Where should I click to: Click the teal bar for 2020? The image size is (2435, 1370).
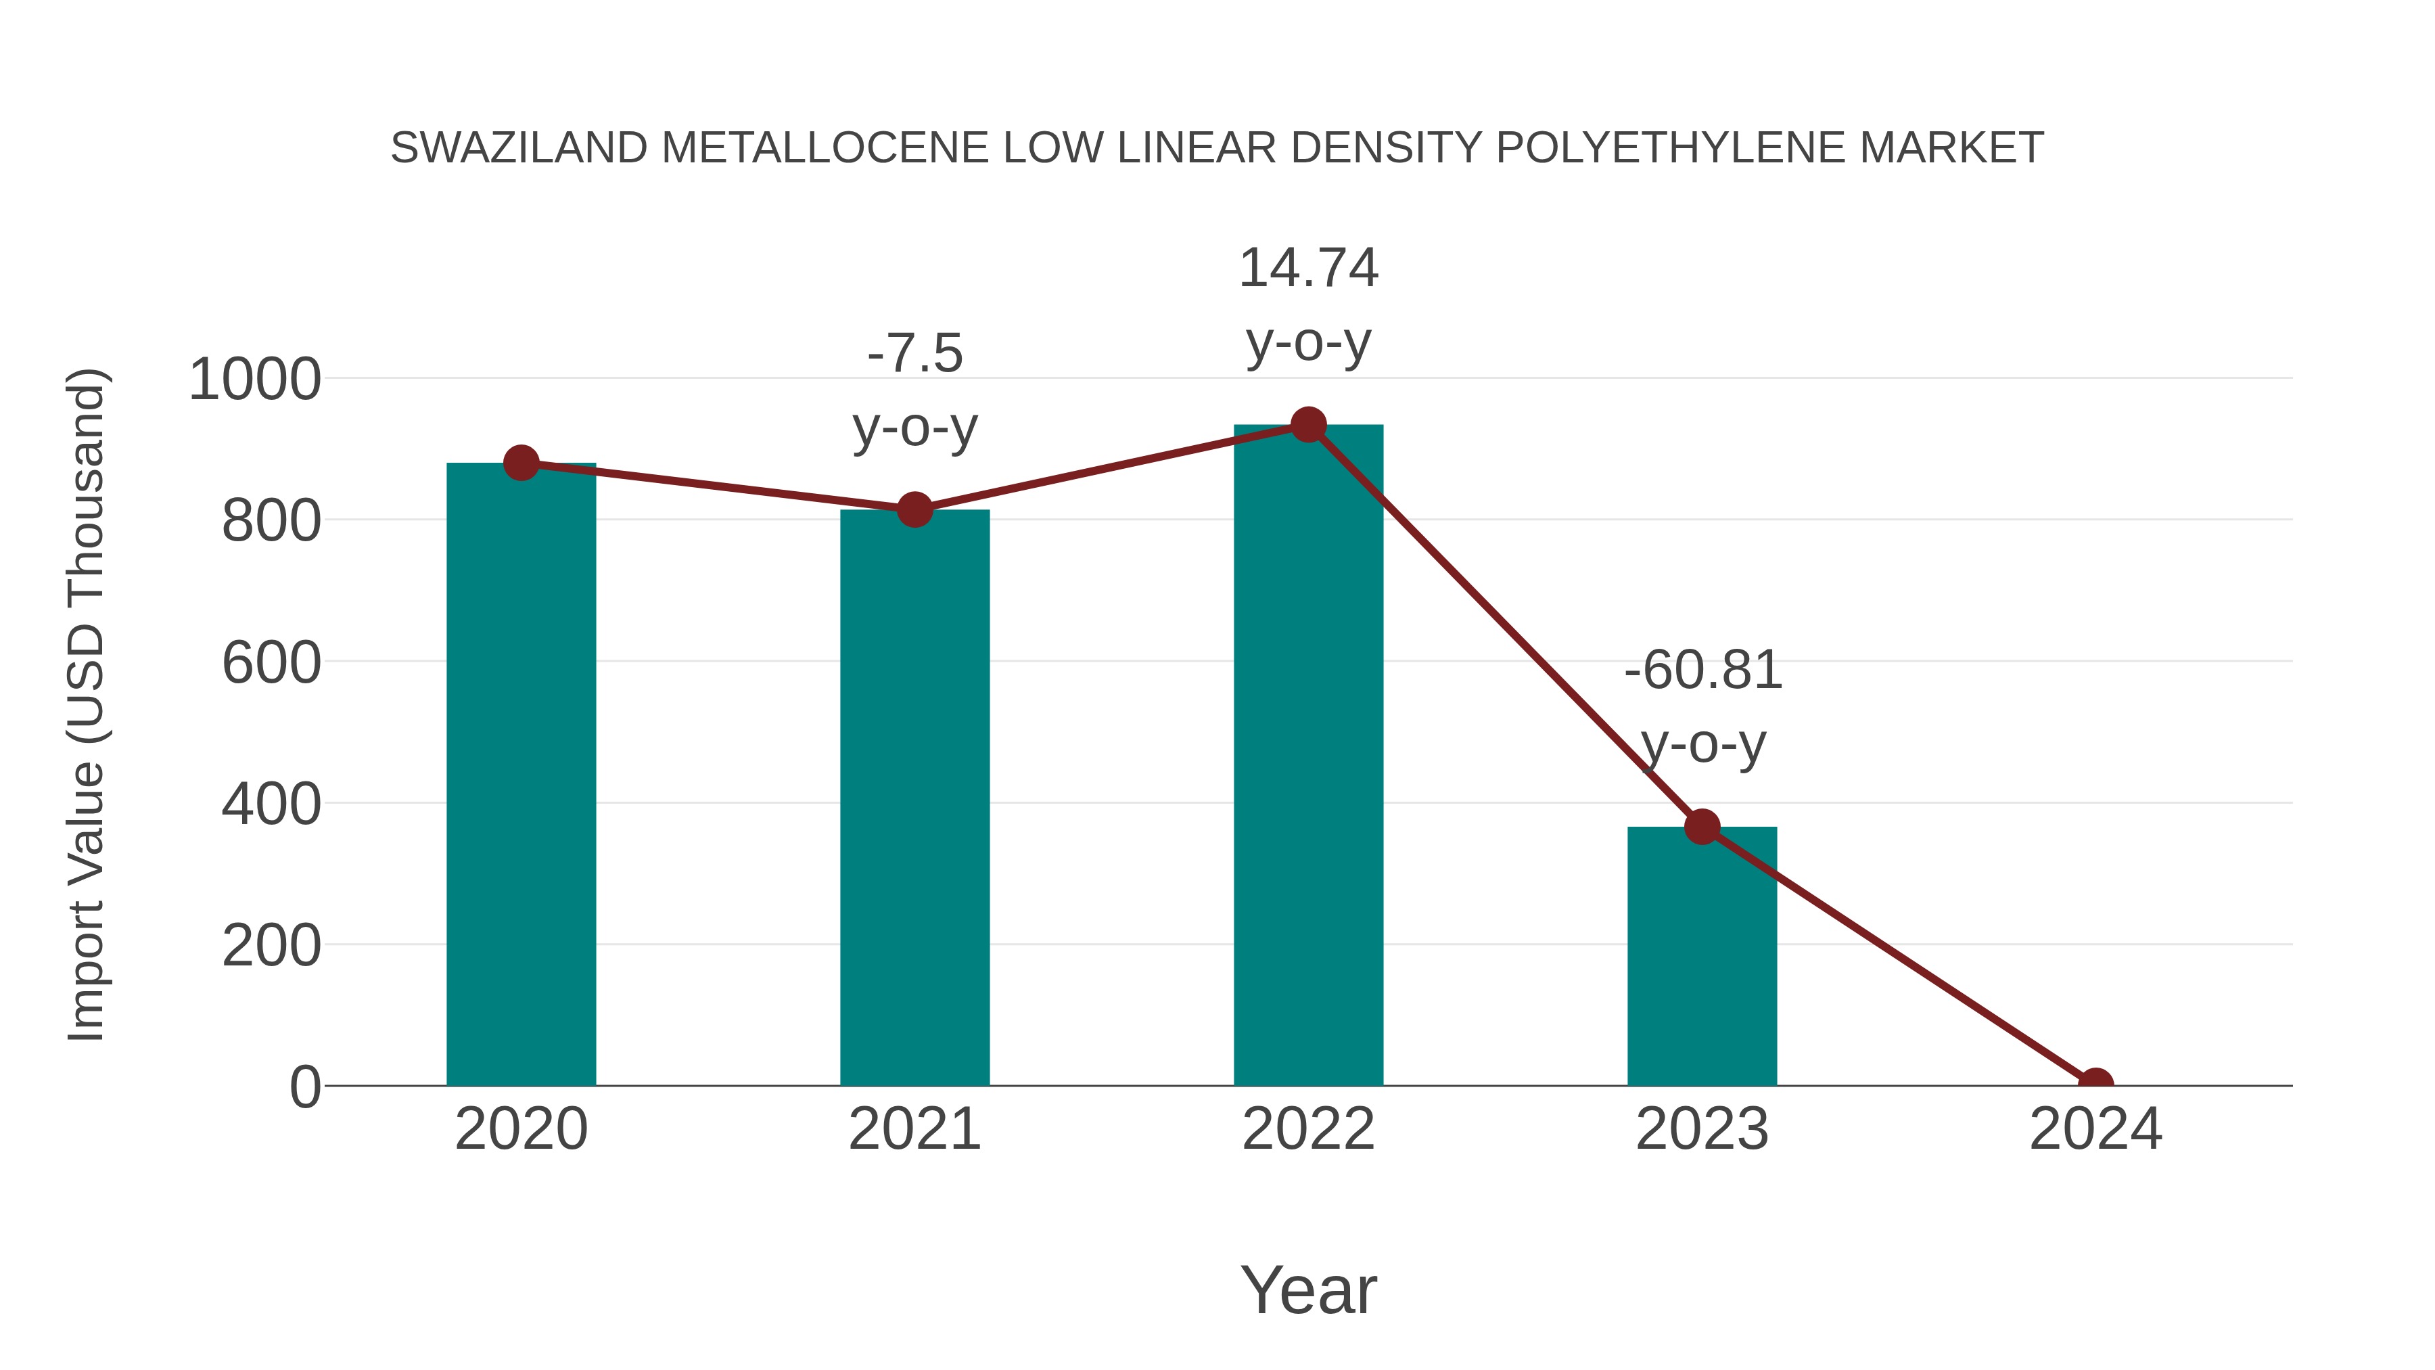click(521, 775)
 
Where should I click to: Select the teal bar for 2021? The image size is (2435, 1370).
click(914, 799)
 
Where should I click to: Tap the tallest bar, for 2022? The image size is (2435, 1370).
click(1308, 756)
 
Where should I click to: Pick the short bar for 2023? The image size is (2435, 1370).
click(1702, 955)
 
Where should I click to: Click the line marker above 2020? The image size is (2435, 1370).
click(521, 463)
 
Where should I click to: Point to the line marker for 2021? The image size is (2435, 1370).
click(914, 509)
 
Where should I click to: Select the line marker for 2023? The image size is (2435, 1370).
click(1702, 826)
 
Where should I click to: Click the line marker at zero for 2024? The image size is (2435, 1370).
click(2095, 1084)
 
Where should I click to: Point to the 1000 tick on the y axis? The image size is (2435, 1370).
click(254, 380)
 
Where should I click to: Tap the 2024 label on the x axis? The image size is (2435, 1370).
click(2095, 1129)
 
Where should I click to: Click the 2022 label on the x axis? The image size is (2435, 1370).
click(1308, 1129)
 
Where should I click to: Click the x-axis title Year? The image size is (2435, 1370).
click(1308, 1289)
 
